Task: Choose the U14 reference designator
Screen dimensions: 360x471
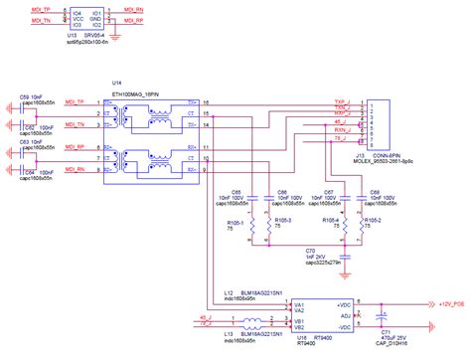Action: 118,84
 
